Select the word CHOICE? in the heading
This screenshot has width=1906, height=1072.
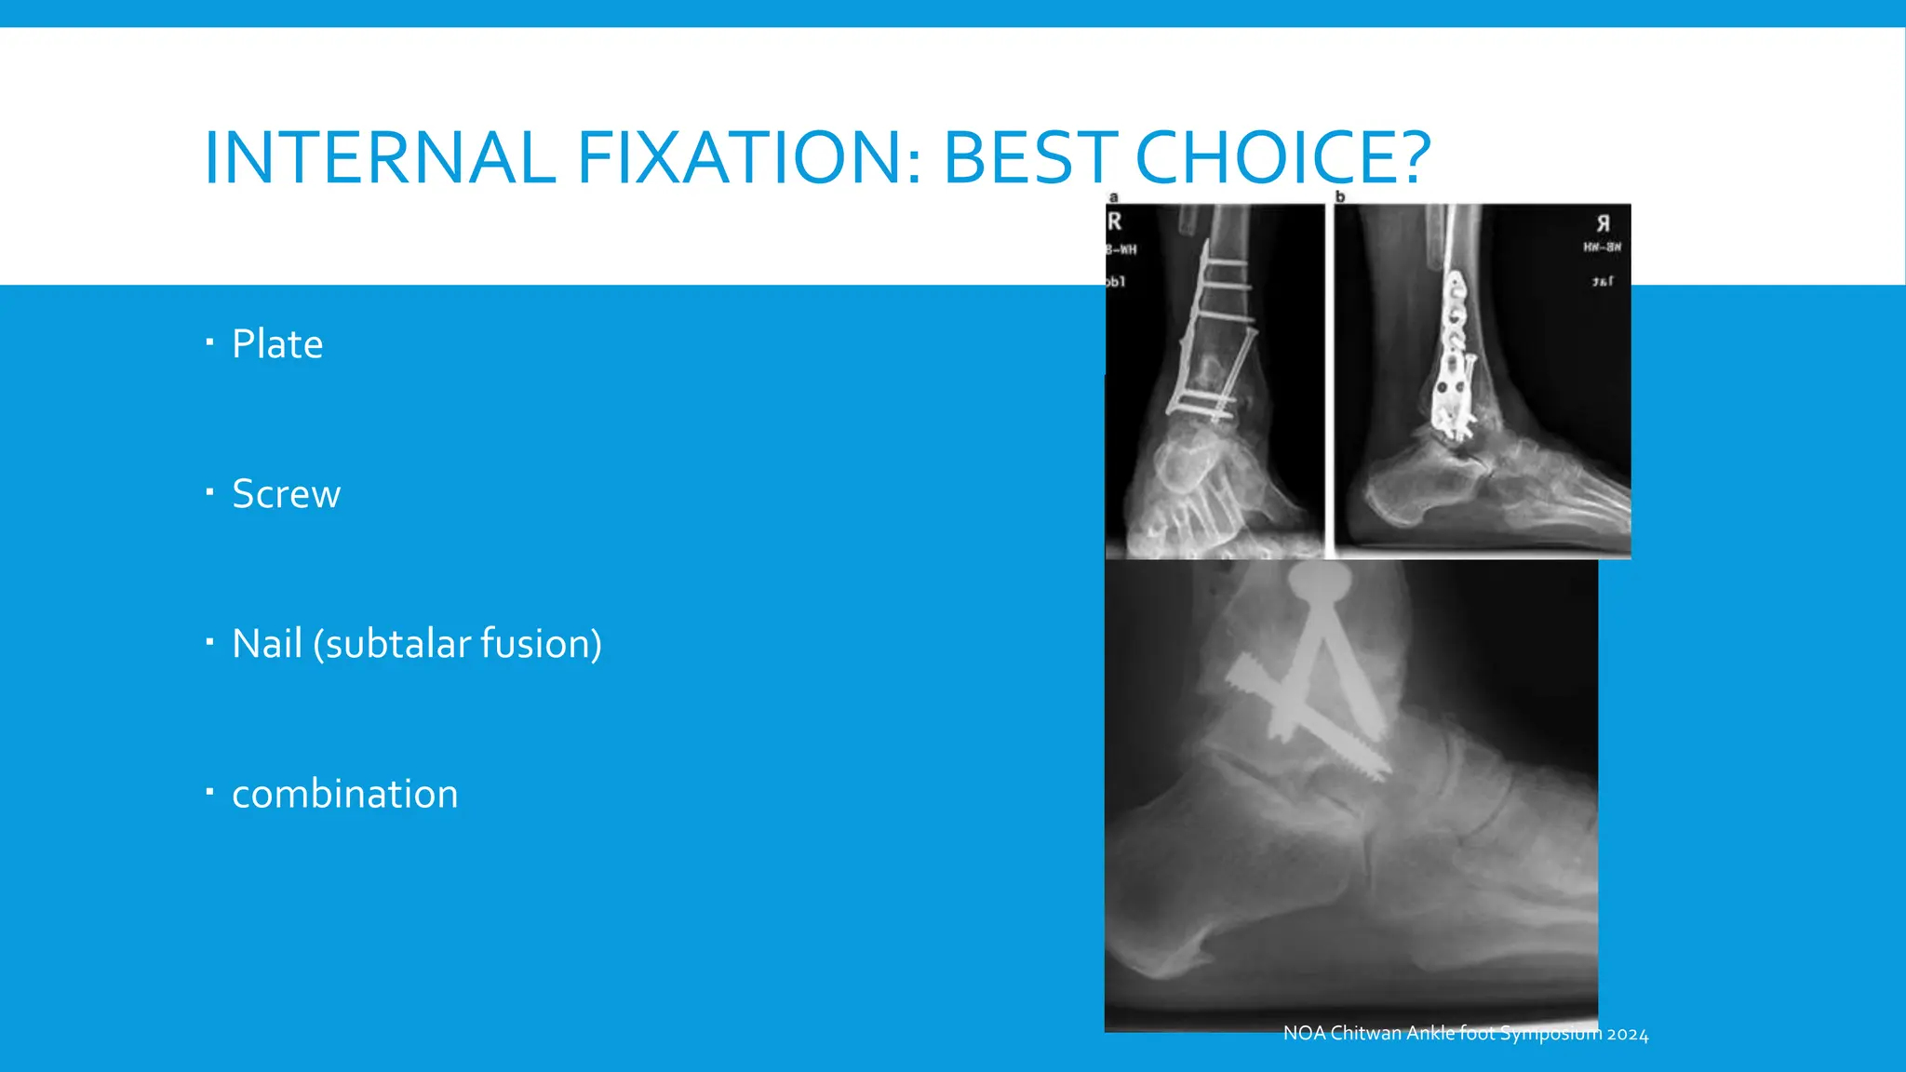[x=1282, y=157]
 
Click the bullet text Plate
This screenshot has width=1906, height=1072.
[x=277, y=344]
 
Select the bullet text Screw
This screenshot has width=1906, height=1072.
[x=286, y=494]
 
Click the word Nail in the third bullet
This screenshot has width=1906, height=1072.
[x=267, y=644]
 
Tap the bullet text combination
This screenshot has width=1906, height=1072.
[x=344, y=794]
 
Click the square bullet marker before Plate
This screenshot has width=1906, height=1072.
[x=209, y=342]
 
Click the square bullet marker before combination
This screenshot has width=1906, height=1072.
[x=209, y=792]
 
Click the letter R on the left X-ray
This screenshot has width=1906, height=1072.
[x=1115, y=222]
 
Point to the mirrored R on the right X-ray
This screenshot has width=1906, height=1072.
[x=1603, y=223]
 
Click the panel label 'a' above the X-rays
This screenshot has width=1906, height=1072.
[x=1113, y=197]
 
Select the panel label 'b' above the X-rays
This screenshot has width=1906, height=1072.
[x=1340, y=197]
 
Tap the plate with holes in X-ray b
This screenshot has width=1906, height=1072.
[x=1452, y=354]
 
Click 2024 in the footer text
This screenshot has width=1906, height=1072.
[x=1628, y=1035]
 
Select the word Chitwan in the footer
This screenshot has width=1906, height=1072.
[x=1366, y=1034]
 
